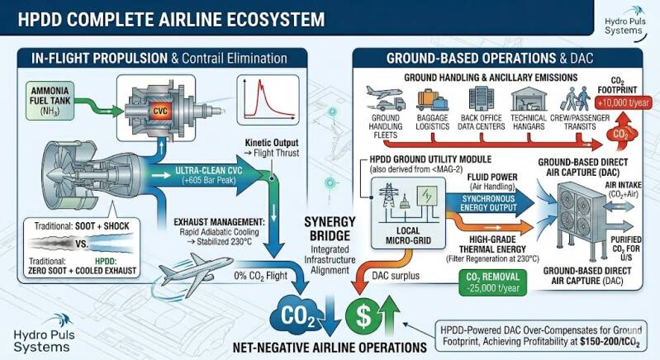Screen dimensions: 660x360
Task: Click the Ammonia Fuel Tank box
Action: [50, 101]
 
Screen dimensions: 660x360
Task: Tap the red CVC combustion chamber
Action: [160, 111]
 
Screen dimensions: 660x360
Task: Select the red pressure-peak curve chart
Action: [268, 100]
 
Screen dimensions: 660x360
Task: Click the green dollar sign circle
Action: [363, 316]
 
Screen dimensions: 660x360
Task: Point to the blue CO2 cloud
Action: [296, 315]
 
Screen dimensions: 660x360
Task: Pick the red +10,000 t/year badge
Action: [624, 102]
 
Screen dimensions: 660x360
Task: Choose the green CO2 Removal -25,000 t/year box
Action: [492, 282]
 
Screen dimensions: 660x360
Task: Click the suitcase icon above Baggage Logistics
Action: [432, 99]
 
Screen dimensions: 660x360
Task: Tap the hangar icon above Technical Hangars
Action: [529, 99]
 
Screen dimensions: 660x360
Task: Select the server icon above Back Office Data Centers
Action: [481, 98]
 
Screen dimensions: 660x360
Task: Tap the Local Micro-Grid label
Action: [408, 235]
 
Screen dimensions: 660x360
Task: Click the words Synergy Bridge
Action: [330, 229]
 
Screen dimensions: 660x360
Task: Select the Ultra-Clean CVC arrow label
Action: [209, 175]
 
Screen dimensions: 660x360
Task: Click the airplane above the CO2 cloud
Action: [195, 273]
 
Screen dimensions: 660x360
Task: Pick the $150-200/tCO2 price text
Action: [610, 342]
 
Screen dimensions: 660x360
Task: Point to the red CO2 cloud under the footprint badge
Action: [622, 134]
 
